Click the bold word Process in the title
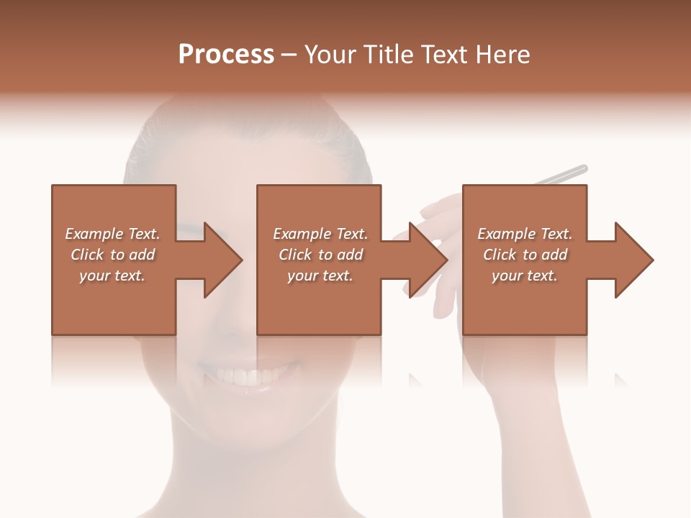226,55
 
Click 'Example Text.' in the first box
112,234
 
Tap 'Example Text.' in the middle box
320,234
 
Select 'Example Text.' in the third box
525,234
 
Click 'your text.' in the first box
112,276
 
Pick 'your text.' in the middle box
320,276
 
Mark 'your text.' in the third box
525,276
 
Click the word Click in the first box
87,255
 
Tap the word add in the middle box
350,255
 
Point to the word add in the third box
554,255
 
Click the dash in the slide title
289,55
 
